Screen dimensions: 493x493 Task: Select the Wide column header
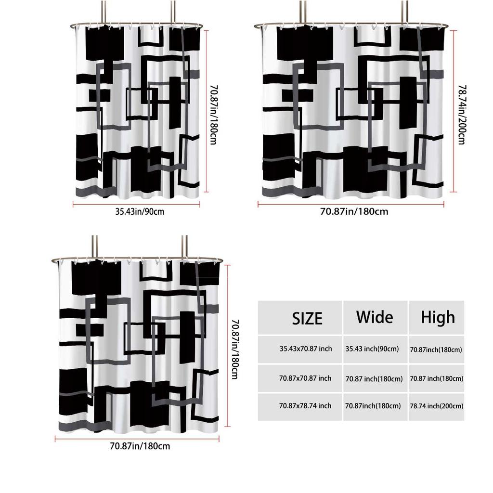(x=375, y=317)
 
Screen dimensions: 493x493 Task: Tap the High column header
(x=438, y=317)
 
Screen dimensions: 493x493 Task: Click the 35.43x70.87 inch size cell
(x=306, y=349)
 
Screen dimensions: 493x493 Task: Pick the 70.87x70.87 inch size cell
(x=305, y=378)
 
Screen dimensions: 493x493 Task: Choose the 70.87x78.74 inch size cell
(x=305, y=406)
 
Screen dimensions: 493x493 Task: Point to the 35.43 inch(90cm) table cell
(x=372, y=349)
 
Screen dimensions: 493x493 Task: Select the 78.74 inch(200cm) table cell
(x=437, y=406)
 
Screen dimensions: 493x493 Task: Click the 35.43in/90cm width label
(x=140, y=211)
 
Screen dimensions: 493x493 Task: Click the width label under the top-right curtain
(x=354, y=211)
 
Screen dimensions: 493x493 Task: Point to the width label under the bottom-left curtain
(x=140, y=446)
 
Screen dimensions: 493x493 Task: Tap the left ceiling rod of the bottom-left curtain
(x=94, y=246)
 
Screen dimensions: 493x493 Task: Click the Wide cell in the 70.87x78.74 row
(x=373, y=406)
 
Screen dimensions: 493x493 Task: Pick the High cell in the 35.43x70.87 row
(x=436, y=350)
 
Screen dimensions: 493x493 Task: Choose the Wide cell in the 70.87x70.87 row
(x=374, y=379)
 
